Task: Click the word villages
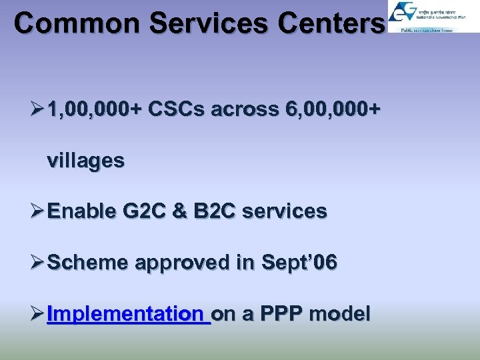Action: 85,161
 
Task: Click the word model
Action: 339,313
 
